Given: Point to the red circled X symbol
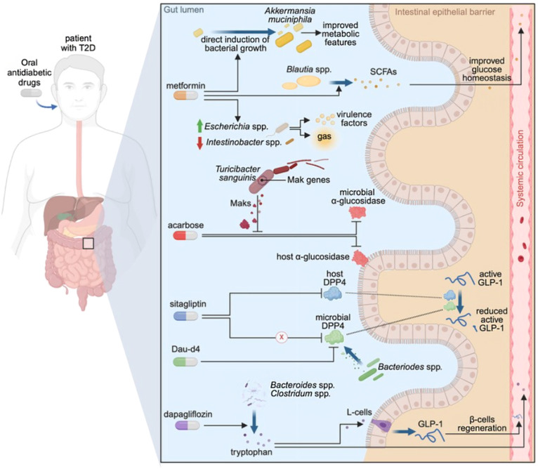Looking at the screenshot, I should [x=282, y=337].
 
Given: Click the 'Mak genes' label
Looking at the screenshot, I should [x=305, y=180].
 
